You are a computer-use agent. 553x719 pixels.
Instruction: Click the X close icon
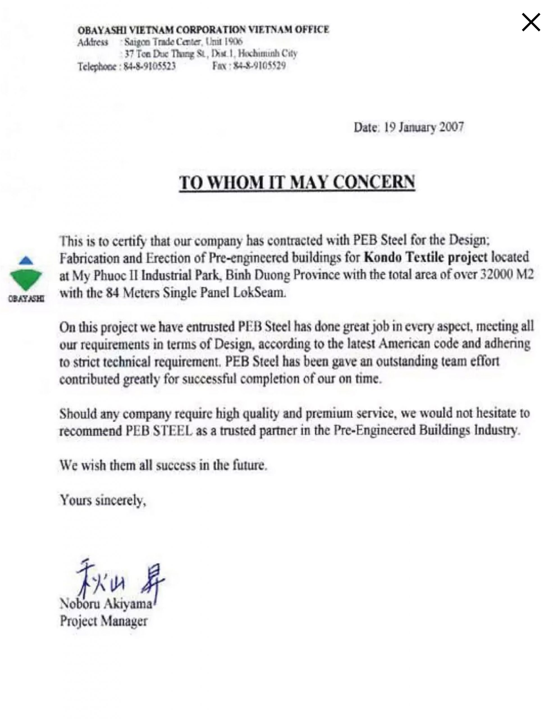tap(531, 23)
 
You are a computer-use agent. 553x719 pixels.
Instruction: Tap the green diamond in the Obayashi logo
tap(26, 279)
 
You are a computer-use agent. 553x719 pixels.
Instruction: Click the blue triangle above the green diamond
tap(26, 260)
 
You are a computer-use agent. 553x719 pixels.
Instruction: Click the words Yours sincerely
tap(102, 500)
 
